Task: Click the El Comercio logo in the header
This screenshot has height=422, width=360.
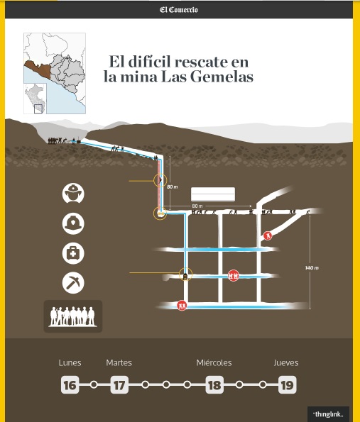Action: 179,10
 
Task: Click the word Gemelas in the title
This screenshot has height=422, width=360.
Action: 222,77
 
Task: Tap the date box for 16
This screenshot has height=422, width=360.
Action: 70,385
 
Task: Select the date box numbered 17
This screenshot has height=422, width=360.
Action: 119,385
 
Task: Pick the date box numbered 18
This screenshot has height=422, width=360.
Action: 214,385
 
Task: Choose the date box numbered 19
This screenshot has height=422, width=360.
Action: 288,385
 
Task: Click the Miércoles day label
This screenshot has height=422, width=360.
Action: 214,363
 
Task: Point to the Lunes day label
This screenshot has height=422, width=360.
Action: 70,363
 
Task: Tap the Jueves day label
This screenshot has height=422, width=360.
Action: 286,363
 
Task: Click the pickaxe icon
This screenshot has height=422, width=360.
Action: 73,283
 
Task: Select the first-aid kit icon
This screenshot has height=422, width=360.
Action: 73,253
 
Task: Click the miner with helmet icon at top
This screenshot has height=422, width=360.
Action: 73,194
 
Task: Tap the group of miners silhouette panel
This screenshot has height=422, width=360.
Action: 73,316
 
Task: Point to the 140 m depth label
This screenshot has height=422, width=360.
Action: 312,268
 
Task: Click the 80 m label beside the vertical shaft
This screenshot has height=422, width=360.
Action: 173,187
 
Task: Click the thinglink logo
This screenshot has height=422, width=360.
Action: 328,414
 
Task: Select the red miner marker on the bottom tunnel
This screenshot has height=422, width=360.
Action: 182,306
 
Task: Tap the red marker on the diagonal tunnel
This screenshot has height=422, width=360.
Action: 268,235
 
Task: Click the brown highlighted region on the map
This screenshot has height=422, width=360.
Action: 38,68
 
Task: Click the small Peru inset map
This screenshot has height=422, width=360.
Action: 36,99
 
